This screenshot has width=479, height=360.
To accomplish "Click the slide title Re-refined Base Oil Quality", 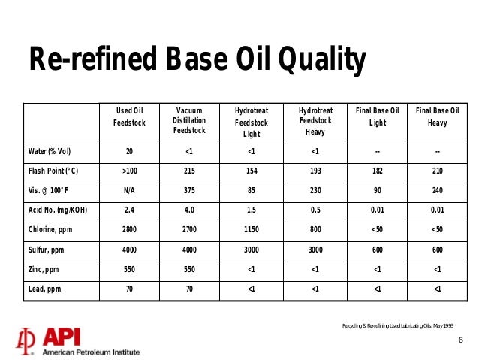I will coord(197,61).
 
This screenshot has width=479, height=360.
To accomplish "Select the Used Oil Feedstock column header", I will coord(128,116).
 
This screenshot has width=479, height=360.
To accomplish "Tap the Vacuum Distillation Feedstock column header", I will coord(188,120).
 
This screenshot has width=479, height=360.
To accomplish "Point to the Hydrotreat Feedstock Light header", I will coord(251,123).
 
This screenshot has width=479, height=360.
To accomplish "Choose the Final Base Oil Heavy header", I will coord(437,116).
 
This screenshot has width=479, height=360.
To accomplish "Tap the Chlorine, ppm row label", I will coord(51,230).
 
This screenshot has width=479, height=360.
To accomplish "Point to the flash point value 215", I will coord(189,171).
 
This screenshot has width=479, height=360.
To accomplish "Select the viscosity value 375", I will coord(189,191).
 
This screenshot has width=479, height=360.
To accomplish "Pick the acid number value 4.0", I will coord(189,210).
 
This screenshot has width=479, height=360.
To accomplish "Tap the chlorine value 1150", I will coord(251,230).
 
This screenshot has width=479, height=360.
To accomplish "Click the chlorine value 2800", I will coord(129,230).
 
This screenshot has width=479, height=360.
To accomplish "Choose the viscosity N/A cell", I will coord(129,191).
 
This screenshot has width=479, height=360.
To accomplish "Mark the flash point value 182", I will coord(377,171).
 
